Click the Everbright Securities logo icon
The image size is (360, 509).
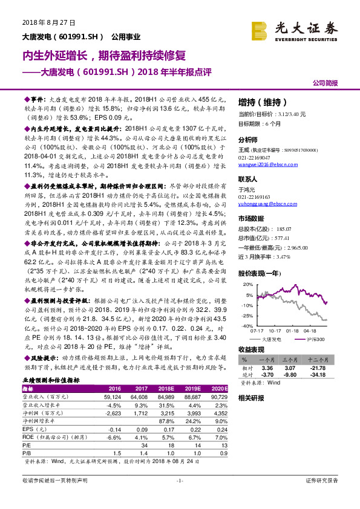[x=261, y=29]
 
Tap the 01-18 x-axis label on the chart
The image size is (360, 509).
[x=293, y=331]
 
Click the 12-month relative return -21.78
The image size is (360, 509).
[x=335, y=367]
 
